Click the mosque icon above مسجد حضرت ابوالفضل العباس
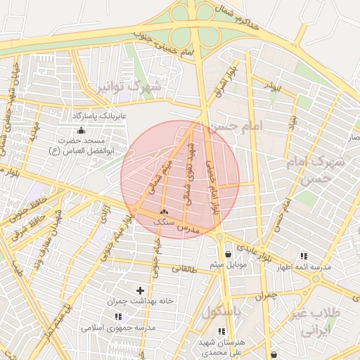click(x=81, y=130)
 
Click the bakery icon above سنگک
click(x=164, y=212)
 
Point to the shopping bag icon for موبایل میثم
click(x=227, y=255)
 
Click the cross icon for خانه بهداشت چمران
click(x=140, y=290)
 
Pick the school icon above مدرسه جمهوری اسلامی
click(x=118, y=316)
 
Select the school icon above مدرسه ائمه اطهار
click(x=304, y=256)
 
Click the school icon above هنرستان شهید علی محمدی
click(x=221, y=330)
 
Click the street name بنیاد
click(x=290, y=125)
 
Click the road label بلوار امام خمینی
click(x=212, y=186)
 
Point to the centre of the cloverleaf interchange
click(x=192, y=25)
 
